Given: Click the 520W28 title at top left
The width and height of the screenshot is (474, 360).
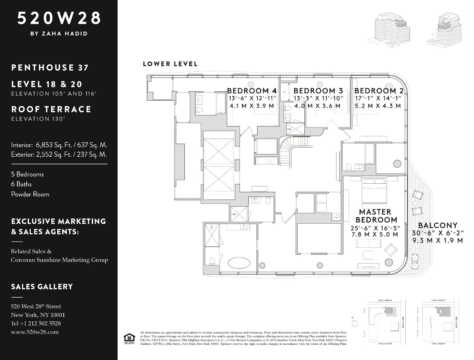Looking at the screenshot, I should click(x=59, y=18).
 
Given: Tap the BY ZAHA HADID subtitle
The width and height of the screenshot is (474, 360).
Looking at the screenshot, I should click(x=59, y=33).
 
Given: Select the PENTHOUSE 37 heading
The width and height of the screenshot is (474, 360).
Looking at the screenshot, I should click(x=50, y=68).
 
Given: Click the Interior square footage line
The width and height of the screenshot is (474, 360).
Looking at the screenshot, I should click(x=59, y=145).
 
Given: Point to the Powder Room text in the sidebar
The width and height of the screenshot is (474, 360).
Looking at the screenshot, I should click(x=30, y=194).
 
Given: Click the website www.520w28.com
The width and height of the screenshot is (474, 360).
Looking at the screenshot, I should click(x=34, y=332).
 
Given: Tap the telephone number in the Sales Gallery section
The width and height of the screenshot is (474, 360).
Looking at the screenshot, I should click(x=36, y=323).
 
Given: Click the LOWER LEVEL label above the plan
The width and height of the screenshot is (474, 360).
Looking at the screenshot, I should click(x=170, y=64).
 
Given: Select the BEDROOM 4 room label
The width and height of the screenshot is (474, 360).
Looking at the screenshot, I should click(x=252, y=91).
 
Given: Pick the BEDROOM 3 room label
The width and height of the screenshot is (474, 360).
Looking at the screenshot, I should click(x=318, y=91).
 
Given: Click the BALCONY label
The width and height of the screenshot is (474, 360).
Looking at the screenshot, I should click(x=437, y=226).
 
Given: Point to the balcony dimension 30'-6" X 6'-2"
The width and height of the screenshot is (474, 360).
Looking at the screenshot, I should click(x=437, y=233).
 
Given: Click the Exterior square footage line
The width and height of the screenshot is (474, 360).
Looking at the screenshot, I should click(x=59, y=154).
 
